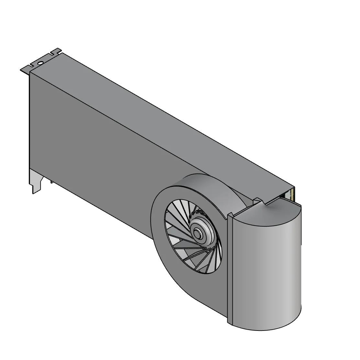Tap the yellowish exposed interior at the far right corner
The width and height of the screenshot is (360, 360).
[292, 194]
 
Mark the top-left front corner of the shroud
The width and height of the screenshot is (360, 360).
[30, 73]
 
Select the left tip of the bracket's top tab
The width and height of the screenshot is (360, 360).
[21, 69]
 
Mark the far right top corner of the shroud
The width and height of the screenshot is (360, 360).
[294, 187]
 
